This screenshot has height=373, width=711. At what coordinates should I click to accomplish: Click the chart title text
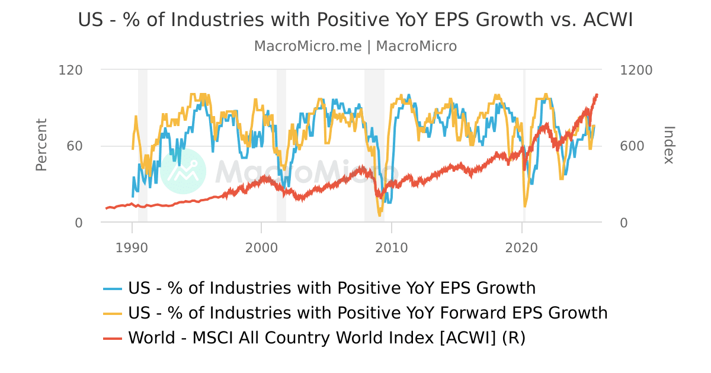pos(355,20)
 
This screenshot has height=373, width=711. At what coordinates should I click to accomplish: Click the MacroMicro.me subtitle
pos(355,46)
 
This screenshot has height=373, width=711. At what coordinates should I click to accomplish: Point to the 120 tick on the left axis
pos(71,70)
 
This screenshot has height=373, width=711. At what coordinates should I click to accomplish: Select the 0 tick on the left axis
pos(79,223)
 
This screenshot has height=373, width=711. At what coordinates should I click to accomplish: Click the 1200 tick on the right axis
pos(636,70)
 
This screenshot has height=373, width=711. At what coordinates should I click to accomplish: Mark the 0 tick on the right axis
pos(624,223)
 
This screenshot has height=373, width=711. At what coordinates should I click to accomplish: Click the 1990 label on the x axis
pos(132,247)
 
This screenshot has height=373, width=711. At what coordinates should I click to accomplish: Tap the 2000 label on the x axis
pos(261,247)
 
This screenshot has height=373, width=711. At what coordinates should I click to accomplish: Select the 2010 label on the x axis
pos(391,247)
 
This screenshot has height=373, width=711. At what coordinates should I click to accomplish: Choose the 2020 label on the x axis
pos(521,247)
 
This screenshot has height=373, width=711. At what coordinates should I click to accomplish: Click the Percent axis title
pos(41,145)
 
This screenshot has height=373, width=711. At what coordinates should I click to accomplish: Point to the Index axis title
pos(668,145)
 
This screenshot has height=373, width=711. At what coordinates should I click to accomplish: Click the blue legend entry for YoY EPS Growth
pos(332,288)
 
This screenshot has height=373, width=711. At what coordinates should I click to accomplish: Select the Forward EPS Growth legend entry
pos(367,313)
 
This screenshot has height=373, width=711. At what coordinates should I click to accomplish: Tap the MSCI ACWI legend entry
pos(326,337)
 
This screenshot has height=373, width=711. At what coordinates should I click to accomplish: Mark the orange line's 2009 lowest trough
pos(379,216)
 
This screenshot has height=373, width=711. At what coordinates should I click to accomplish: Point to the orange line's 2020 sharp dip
pos(525,206)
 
